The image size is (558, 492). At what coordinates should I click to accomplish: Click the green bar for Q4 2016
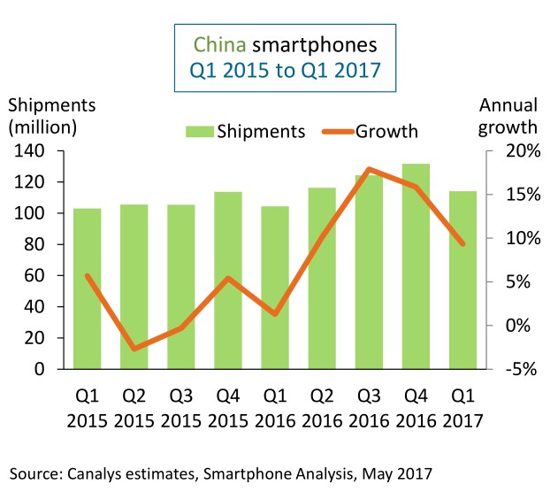[416, 265]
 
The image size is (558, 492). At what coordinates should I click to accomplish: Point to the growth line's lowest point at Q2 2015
[134, 349]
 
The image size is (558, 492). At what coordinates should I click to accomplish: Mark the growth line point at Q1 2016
[275, 314]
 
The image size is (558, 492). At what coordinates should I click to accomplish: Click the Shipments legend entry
[245, 131]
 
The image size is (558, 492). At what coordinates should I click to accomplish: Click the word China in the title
[219, 42]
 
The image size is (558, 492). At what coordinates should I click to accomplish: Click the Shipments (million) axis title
[43, 115]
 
